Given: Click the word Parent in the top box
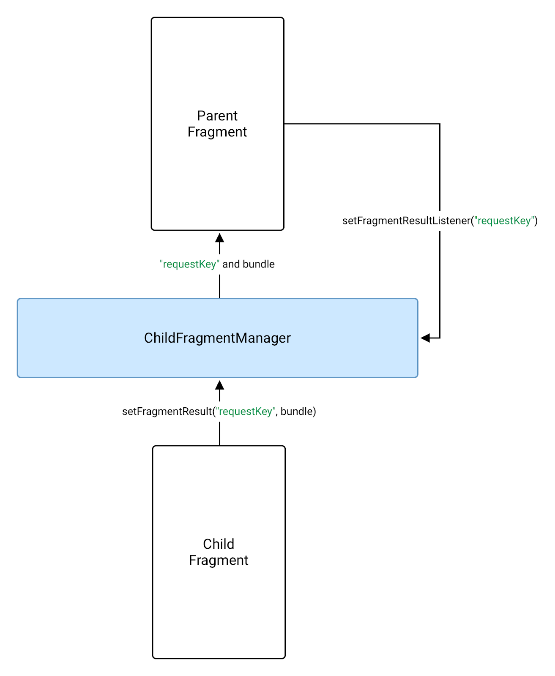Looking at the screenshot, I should [x=217, y=116].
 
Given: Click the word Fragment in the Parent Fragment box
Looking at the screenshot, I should [x=217, y=132].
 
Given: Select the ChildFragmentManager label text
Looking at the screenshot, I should [x=217, y=338].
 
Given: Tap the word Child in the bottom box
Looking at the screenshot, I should [x=219, y=544].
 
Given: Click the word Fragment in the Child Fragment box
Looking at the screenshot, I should [x=219, y=560].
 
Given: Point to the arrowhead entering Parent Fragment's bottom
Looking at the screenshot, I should [x=219, y=237].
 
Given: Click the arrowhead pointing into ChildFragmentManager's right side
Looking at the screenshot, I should [x=425, y=338].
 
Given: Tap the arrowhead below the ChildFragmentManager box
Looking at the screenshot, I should [x=219, y=385].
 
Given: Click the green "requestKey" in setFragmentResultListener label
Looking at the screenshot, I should [x=504, y=221].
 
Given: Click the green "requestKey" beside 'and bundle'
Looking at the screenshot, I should [x=189, y=264].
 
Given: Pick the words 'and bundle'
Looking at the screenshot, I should [x=249, y=264].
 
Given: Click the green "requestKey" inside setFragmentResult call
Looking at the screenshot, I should [x=246, y=412].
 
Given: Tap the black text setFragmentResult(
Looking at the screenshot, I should [x=168, y=412].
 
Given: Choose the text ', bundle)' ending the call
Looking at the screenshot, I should [x=296, y=412].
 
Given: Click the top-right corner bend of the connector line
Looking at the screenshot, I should [x=440, y=124].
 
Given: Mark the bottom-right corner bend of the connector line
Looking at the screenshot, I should [x=440, y=338].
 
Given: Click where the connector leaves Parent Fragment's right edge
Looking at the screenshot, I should [x=285, y=124].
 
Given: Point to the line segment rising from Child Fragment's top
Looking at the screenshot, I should [x=219, y=433].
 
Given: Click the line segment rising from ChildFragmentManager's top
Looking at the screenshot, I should [x=219, y=286].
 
